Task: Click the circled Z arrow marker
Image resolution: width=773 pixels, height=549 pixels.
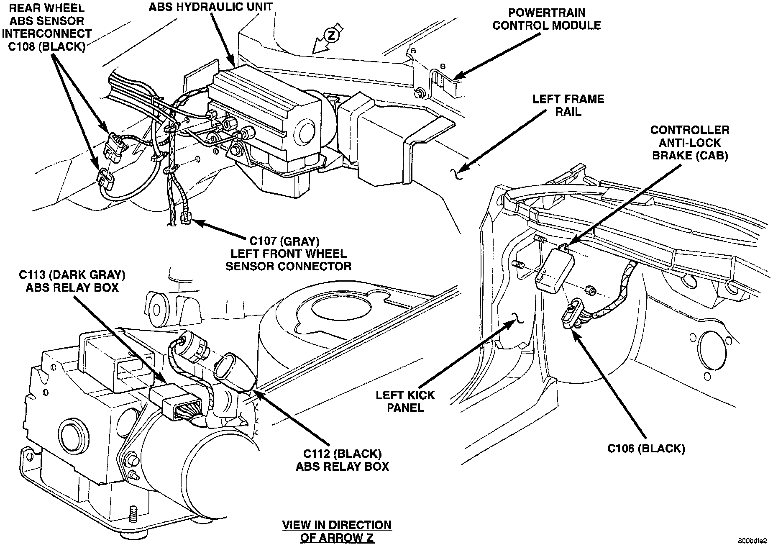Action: (x=331, y=36)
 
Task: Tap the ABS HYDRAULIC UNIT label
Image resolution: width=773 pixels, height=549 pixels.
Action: (x=211, y=7)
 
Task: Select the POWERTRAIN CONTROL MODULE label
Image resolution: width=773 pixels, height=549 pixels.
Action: (x=546, y=19)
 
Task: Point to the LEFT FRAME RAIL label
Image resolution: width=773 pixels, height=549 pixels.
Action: (x=568, y=105)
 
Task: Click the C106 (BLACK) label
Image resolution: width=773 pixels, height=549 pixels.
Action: (x=646, y=449)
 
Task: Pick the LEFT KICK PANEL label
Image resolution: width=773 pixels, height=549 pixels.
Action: (x=405, y=401)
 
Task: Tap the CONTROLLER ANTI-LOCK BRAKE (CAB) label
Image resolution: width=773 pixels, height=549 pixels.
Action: (x=689, y=143)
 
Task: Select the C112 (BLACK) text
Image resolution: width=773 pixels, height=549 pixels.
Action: (x=342, y=454)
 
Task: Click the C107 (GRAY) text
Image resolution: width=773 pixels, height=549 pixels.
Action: (x=284, y=241)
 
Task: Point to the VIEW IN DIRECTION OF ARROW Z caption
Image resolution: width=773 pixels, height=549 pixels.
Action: (x=337, y=531)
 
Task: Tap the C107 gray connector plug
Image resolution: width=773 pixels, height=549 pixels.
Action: (x=186, y=218)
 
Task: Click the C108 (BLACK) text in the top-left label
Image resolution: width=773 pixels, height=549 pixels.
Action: (x=46, y=46)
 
